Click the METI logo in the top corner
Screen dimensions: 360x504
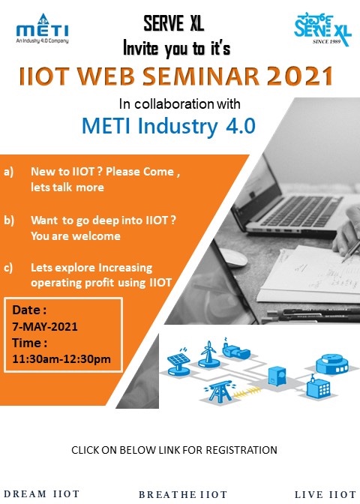point(42,28)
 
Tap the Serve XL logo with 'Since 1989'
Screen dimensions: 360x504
point(322,29)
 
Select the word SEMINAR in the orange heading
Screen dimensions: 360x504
point(201,76)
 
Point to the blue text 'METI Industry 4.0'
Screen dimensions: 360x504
point(169,126)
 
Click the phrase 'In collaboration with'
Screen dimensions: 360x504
point(180,103)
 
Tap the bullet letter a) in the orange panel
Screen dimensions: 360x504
point(9,172)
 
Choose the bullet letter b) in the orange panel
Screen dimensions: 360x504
point(9,220)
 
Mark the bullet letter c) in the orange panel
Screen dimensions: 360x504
point(8,268)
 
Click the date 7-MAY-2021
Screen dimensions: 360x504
point(45,326)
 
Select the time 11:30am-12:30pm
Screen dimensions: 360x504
point(61,358)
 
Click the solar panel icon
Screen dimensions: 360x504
point(178,362)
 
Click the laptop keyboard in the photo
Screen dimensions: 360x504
point(301,211)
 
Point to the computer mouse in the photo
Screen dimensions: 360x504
point(233,257)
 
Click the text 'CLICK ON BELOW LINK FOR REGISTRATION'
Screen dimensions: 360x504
point(174,450)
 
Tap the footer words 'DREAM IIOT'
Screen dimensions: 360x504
point(41,493)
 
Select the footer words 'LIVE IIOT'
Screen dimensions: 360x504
point(325,494)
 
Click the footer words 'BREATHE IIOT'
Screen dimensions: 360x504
point(183,494)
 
